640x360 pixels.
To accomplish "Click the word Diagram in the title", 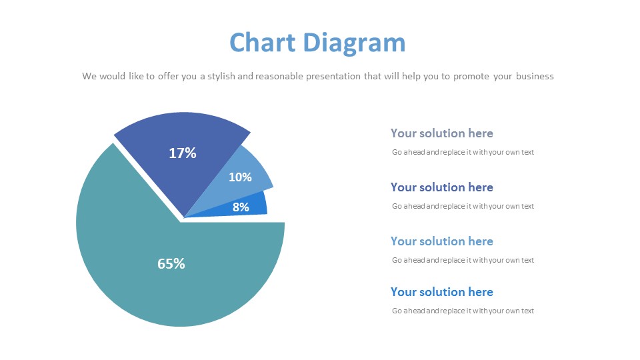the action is pos(354,44).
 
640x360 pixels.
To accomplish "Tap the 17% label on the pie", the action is pos(183,153).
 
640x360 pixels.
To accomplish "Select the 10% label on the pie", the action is pos(240,177).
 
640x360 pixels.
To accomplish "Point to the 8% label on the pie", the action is pos(241,207).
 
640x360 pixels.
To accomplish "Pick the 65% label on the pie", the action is pos(171,264).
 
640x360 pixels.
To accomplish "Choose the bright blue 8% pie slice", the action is pos(245,207).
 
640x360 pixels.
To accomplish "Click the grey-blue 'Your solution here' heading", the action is pos(441,133).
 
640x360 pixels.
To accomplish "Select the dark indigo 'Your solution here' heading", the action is pos(441,187).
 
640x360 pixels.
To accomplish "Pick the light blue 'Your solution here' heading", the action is pos(441,241).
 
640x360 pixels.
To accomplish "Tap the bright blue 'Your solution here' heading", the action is pos(441,292).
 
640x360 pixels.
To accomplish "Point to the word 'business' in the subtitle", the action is pos(535,76).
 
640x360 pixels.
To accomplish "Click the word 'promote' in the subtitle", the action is pos(471,77).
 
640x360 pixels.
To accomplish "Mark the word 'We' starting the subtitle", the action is pos(89,76).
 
